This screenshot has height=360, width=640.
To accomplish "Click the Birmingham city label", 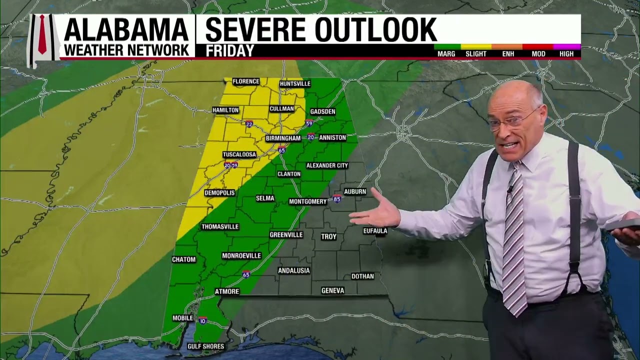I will click(283, 138).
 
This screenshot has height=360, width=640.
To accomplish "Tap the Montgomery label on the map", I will click(308, 201).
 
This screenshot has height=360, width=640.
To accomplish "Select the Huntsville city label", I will click(295, 83).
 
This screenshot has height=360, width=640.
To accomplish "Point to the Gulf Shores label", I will click(205, 346).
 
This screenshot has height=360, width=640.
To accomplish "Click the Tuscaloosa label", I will click(239, 154).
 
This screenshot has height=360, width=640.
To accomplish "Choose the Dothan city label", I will click(362, 276).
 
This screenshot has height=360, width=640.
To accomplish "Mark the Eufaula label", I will click(375, 231).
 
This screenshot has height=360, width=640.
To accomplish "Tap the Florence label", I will click(245, 81).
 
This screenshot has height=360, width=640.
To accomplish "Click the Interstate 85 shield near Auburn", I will click(337, 198).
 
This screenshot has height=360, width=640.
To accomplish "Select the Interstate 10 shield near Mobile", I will click(202, 320).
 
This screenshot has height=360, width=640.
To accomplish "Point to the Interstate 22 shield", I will click(249, 124).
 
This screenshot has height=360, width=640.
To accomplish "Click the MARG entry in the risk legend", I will click(446, 53).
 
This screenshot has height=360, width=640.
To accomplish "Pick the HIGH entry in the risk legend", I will click(566, 53).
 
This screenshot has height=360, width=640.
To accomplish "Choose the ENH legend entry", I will click(508, 53).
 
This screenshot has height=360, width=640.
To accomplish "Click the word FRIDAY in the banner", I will click(230, 51).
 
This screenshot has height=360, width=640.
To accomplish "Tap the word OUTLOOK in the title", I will click(375, 29).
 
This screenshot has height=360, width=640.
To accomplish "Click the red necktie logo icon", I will click(42, 34).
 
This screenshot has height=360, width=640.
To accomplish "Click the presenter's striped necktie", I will click(514, 240).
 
